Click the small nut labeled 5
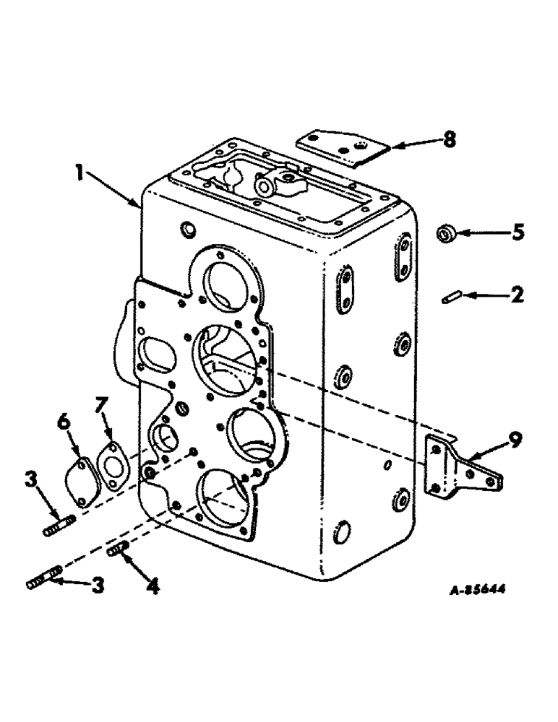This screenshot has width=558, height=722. (446, 234)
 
